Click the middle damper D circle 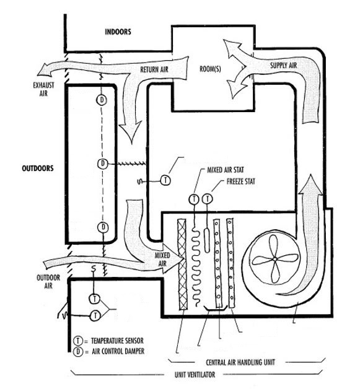(103, 163)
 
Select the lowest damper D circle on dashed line (103, 227)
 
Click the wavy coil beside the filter (197, 263)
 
